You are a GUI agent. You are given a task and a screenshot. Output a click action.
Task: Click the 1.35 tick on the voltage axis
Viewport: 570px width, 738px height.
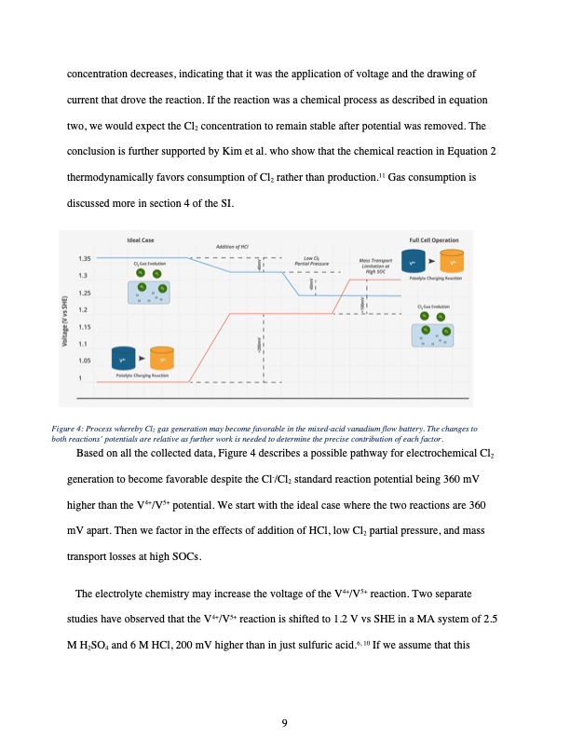point(84,257)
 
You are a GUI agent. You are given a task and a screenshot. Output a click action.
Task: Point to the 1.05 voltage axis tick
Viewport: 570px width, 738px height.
point(84,360)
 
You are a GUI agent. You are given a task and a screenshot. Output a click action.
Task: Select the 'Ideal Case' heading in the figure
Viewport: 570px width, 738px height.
point(141,239)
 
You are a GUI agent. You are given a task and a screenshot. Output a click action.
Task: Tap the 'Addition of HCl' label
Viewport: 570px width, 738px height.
point(231,247)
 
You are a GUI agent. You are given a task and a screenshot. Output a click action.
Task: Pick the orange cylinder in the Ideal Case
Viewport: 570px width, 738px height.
point(162,358)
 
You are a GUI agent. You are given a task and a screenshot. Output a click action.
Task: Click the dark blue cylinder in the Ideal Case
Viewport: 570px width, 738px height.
point(122,358)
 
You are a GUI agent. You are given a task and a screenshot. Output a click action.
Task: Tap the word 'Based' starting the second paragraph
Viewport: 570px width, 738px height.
point(93,454)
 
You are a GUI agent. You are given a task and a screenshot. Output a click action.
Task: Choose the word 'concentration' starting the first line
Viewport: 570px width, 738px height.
point(99,73)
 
